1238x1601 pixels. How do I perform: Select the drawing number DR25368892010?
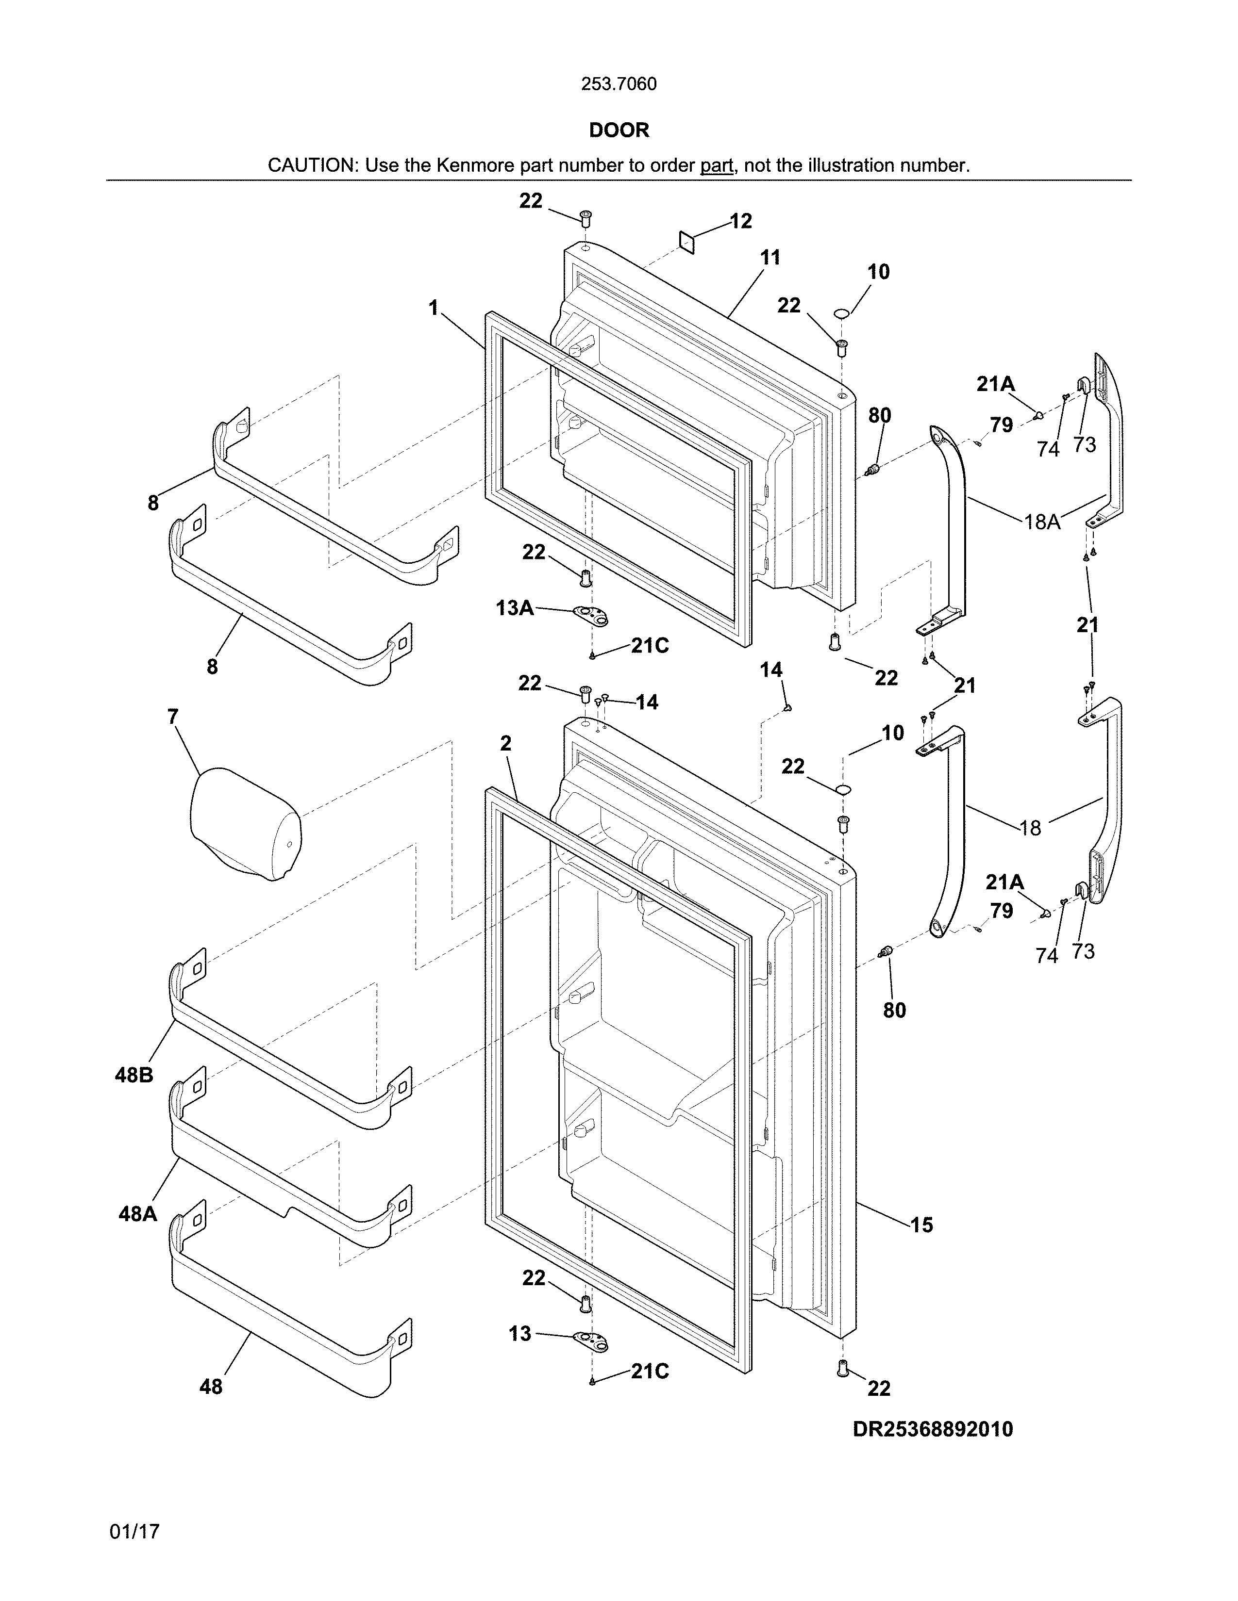tap(932, 1429)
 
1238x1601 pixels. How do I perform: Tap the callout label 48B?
tap(134, 1076)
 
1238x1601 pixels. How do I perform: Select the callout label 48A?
tap(138, 1214)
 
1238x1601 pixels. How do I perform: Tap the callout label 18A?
tap(1042, 522)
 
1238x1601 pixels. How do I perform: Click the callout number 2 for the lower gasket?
tap(505, 743)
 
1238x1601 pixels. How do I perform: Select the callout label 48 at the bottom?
tap(211, 1386)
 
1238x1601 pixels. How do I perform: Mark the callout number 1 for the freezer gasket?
tap(434, 308)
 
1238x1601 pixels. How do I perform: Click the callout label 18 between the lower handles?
tap(1030, 828)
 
